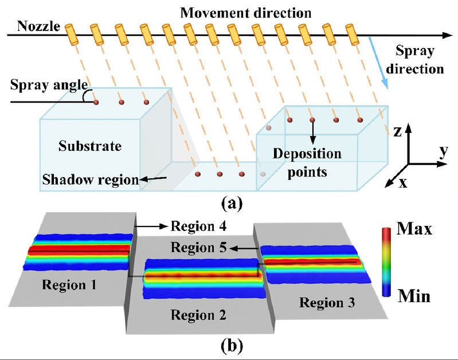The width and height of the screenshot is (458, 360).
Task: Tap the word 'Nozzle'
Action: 35,25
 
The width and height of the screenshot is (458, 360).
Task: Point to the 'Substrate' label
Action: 90,146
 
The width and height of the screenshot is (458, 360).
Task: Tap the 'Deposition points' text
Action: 307,162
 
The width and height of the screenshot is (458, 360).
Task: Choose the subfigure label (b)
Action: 229,346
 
